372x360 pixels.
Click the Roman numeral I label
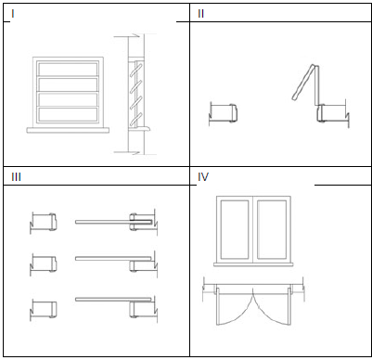click(13, 14)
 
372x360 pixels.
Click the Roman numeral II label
click(200, 14)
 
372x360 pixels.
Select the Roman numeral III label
click(16, 177)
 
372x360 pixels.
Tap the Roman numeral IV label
click(203, 177)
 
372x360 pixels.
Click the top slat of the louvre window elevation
click(68, 70)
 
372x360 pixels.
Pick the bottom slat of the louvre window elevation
click(68, 114)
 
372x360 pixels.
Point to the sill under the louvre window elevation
click(68, 130)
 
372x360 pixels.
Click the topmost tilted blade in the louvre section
click(136, 71)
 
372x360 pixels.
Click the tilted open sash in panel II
click(303, 83)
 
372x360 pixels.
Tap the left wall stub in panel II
click(224, 112)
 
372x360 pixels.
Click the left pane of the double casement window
click(235, 229)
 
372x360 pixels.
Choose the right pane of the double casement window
click(272, 229)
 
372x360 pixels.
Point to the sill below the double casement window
click(253, 264)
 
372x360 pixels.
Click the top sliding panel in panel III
click(114, 222)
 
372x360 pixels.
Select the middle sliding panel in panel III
click(114, 258)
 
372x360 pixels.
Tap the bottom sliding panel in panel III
click(114, 300)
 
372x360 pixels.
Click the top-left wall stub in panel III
click(43, 222)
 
